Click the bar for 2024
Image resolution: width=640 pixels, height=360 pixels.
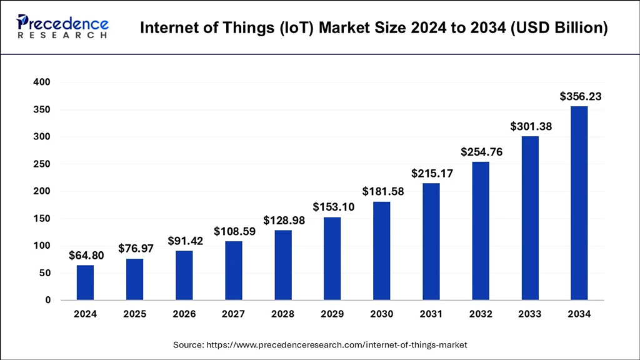pyautogui.click(x=85, y=282)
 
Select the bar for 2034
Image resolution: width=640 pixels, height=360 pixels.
pyautogui.click(x=579, y=203)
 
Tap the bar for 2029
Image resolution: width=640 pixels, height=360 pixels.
pyautogui.click(x=332, y=258)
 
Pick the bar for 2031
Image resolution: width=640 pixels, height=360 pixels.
pyautogui.click(x=431, y=241)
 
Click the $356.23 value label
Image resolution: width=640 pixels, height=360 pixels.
pyautogui.click(x=581, y=96)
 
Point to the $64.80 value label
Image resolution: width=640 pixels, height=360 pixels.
pyautogui.click(x=86, y=255)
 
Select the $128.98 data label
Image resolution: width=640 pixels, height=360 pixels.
pyautogui.click(x=284, y=221)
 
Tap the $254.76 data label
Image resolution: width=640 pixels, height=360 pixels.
pyautogui.click(x=482, y=152)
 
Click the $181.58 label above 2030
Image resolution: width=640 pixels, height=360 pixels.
pyautogui.click(x=383, y=192)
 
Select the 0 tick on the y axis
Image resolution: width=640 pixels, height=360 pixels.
pyautogui.click(x=47, y=301)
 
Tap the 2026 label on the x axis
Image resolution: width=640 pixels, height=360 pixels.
pyautogui.click(x=184, y=314)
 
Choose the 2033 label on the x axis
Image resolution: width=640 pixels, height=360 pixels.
pyautogui.click(x=529, y=314)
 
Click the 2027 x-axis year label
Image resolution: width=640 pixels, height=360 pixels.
pyautogui.click(x=233, y=314)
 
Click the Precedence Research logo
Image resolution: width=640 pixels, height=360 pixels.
pyautogui.click(x=62, y=27)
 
